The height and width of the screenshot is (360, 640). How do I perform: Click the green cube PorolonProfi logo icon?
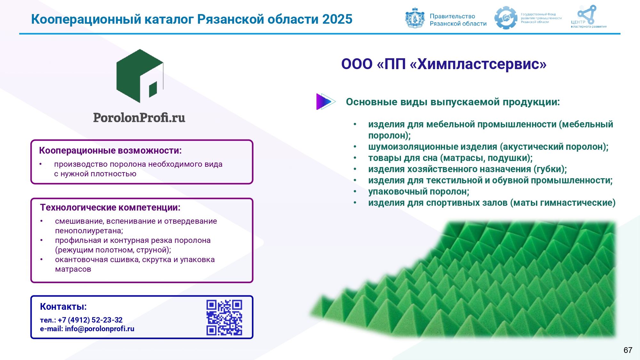pyautogui.click(x=140, y=76)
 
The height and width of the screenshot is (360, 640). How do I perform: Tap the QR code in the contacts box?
pyautogui.click(x=224, y=317)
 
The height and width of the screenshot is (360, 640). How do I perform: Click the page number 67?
pyautogui.click(x=628, y=350)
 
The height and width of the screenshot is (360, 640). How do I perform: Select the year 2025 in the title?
pyautogui.click(x=337, y=19)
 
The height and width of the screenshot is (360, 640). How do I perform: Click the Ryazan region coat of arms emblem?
pyautogui.click(x=415, y=18)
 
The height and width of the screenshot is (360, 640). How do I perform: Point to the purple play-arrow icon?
pyautogui.click(x=325, y=101)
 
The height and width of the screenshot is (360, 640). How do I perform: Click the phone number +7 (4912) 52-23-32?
pyautogui.click(x=90, y=320)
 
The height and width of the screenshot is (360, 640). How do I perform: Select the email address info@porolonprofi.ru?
pyautogui.click(x=100, y=329)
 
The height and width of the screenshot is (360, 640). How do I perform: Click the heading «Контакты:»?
pyautogui.click(x=63, y=307)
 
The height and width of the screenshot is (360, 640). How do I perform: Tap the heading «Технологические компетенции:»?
pyautogui.click(x=110, y=207)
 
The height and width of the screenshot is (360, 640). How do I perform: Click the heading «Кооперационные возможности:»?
pyautogui.click(x=110, y=150)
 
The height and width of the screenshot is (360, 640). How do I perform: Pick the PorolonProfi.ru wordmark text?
pyautogui.click(x=139, y=118)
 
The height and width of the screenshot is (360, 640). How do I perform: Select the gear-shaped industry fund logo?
pyautogui.click(x=506, y=18)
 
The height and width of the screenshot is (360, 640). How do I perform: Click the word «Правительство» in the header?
pyautogui.click(x=452, y=16)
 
